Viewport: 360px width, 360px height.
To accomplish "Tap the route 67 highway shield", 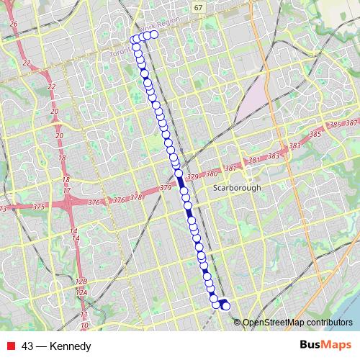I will [198, 6].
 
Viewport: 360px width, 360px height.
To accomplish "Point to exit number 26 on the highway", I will [13, 24].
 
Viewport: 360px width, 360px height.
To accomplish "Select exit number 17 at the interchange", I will [67, 190].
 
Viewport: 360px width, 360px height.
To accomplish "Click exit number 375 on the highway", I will [38, 207].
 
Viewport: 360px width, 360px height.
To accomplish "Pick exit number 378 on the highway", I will [135, 196].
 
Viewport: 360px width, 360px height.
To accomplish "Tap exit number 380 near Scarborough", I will [211, 174].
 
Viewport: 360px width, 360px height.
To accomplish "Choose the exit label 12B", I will [81, 281].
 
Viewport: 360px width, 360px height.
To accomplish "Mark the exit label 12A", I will [82, 292].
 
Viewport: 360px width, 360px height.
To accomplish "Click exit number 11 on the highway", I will [84, 315].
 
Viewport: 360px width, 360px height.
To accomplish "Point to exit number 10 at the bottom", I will [84, 325].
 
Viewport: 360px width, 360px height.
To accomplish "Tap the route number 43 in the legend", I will [28, 346].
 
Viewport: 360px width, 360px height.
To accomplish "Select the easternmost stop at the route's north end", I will [153, 34].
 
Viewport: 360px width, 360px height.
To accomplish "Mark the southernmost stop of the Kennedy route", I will [226, 307].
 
